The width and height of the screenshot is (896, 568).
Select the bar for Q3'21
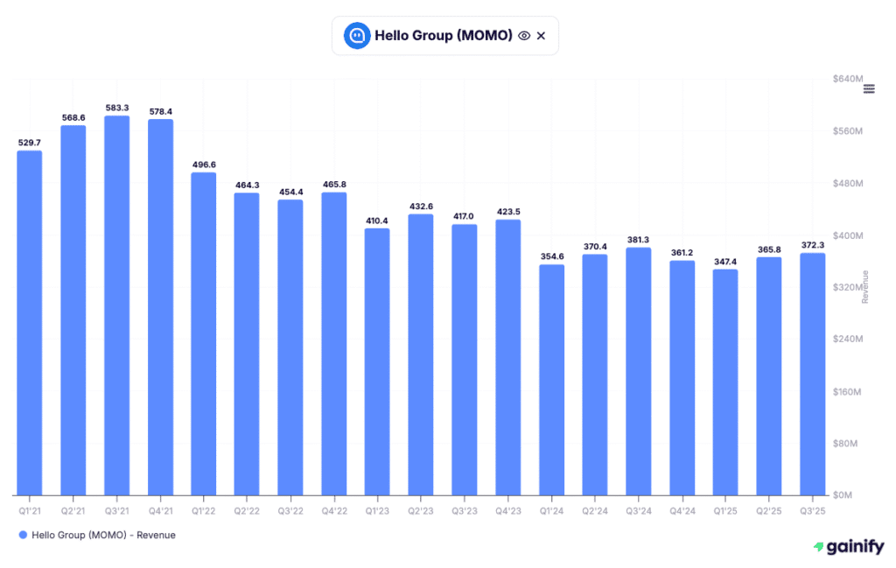[x=116, y=305]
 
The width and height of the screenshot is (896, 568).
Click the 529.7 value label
[x=30, y=142]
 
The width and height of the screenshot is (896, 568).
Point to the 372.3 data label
[x=813, y=244]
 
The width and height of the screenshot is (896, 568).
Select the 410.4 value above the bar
[x=377, y=220]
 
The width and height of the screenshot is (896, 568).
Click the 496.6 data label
[x=203, y=164]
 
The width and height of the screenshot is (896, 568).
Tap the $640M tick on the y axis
[x=848, y=79]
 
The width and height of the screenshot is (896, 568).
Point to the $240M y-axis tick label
[x=848, y=339]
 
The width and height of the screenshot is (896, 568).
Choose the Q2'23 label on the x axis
[x=421, y=509]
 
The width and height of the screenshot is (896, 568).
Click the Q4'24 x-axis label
[x=682, y=509]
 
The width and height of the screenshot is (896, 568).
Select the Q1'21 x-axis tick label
[x=30, y=509]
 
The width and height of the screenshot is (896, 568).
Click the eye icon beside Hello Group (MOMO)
[x=524, y=36]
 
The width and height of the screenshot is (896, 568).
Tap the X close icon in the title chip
[x=541, y=36]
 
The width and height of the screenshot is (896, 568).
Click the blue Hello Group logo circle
[x=356, y=36]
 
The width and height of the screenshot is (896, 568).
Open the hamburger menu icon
[x=869, y=88]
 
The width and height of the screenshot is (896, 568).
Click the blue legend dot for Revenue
[x=22, y=535]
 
